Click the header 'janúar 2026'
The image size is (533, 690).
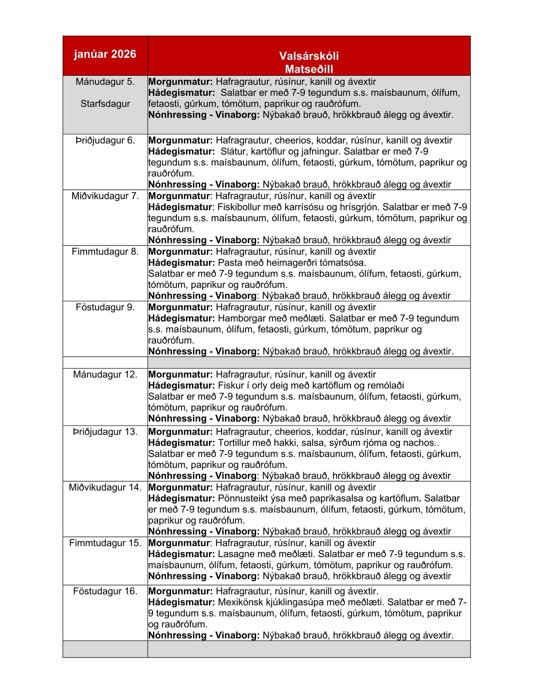[x=105, y=54]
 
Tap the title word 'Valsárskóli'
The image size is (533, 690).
[x=309, y=56]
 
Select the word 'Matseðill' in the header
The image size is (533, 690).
[x=309, y=69]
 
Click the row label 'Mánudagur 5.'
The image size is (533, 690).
[x=105, y=81]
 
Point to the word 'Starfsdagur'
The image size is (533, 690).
[x=105, y=104]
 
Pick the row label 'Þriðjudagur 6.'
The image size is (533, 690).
[x=105, y=140]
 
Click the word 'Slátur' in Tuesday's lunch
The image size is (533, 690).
[x=233, y=152]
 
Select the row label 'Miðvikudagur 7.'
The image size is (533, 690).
[x=105, y=196]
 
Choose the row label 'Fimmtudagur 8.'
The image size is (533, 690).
[x=105, y=251]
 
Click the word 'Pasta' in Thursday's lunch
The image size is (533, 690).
[x=229, y=263]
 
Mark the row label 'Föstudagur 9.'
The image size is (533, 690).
[x=105, y=307]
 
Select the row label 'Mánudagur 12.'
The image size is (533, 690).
[x=105, y=374]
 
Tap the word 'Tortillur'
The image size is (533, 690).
[x=236, y=443]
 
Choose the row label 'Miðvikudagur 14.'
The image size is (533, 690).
[x=105, y=487]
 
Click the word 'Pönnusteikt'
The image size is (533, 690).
[x=245, y=498]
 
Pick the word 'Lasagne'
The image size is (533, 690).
[x=236, y=554]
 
